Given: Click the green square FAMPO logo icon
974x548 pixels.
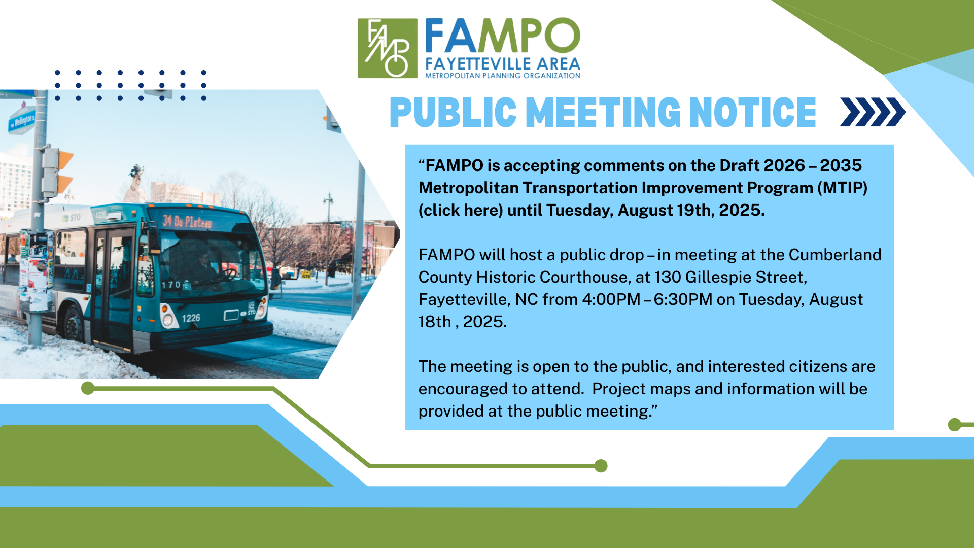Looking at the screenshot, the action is click(388, 48).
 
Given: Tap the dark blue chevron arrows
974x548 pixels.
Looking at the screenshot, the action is click(873, 112).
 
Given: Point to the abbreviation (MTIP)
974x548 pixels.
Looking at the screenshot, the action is click(842, 188).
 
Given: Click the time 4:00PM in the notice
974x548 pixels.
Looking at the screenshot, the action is click(611, 299).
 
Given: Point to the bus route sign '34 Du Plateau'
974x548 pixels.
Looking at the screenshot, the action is click(187, 221).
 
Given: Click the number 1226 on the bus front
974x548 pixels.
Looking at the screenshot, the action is click(191, 318).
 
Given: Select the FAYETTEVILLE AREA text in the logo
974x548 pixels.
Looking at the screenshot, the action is click(503, 64).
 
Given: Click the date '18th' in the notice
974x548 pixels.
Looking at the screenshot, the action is click(435, 322).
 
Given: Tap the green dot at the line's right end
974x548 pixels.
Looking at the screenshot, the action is click(601, 466).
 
